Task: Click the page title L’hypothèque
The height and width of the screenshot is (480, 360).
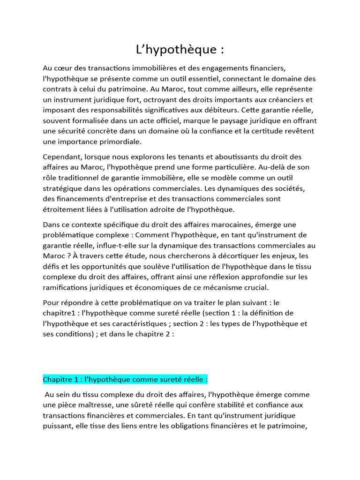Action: tap(180, 49)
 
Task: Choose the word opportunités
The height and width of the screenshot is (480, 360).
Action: tap(96, 266)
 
